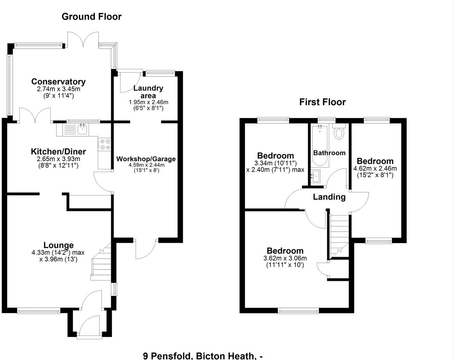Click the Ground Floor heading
91,17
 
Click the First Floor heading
322,102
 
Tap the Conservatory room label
58,82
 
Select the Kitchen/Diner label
58,151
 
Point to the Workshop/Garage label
146,159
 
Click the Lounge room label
58,245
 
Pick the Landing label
329,197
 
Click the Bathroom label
329,153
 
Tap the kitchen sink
82,129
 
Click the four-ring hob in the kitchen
105,144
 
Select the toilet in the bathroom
339,133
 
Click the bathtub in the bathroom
320,146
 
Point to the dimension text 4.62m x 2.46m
375,169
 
